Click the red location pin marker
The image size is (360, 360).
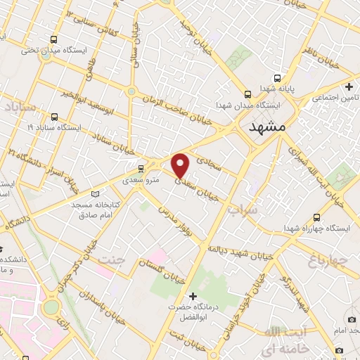[x=181, y=166]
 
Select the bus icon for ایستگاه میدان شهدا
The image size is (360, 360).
[x=247, y=94]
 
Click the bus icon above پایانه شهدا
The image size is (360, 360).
[x=277, y=78]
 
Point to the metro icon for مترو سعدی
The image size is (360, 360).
[x=141, y=168]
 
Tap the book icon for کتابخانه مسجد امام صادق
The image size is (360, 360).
[x=96, y=193]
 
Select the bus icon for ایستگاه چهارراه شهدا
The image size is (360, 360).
[x=316, y=218]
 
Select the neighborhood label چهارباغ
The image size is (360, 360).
[x=328, y=262]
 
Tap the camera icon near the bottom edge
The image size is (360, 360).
[x=340, y=350]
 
